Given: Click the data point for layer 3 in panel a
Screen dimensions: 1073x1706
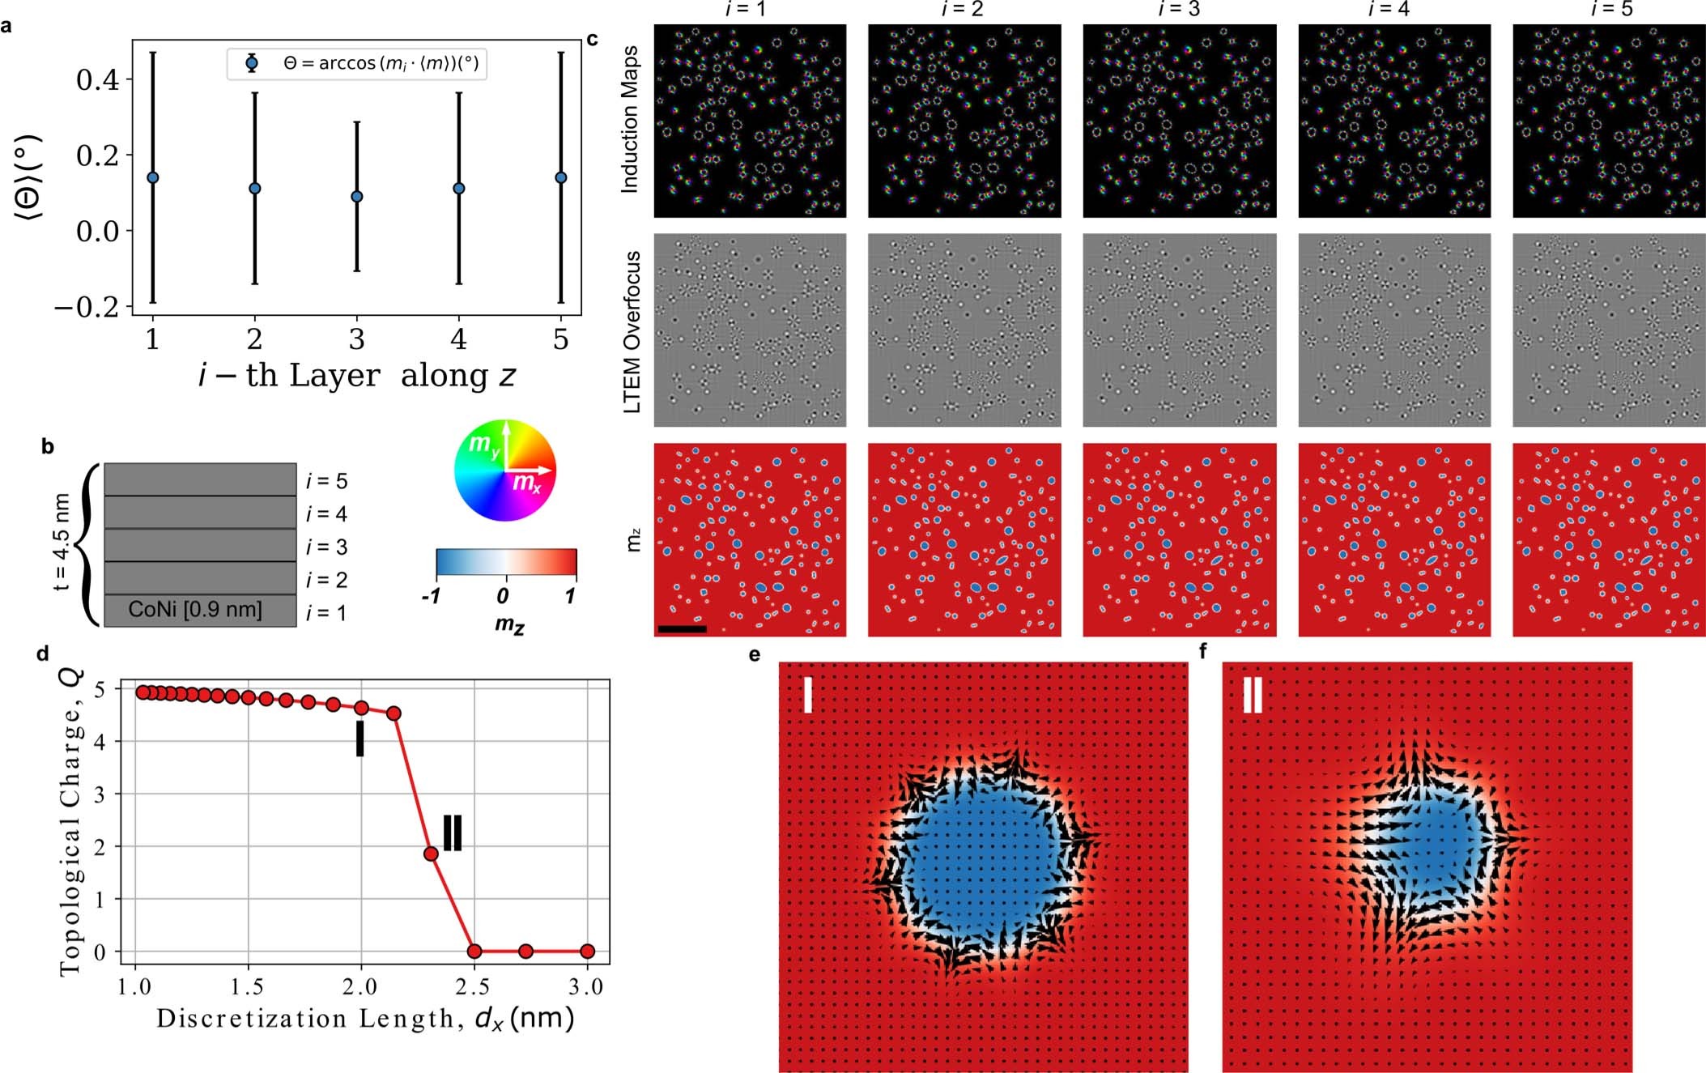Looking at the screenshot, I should click(x=357, y=197).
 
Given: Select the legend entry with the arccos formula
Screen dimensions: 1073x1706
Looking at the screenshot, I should click(x=357, y=63).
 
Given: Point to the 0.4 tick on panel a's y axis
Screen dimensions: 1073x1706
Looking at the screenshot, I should click(x=97, y=79).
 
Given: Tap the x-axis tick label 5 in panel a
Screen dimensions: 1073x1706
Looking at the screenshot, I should click(x=560, y=340).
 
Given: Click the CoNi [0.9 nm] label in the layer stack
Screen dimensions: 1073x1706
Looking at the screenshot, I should click(x=195, y=610).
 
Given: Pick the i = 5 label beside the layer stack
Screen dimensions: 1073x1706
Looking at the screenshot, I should click(x=326, y=481).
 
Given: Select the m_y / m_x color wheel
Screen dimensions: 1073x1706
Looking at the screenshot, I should click(x=505, y=470).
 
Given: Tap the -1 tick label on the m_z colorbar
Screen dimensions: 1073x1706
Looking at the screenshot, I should click(x=432, y=597).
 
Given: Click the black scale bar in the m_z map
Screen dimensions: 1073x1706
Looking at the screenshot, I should click(x=683, y=628).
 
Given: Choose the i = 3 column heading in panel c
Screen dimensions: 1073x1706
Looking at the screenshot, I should click(x=1179, y=10).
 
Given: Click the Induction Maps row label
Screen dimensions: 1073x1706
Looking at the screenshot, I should click(x=630, y=119).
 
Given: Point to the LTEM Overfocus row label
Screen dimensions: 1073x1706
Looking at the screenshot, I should click(x=632, y=331).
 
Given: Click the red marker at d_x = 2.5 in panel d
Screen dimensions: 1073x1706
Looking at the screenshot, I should click(x=474, y=951).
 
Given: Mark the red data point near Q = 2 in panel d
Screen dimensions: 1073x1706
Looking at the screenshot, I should click(x=431, y=854).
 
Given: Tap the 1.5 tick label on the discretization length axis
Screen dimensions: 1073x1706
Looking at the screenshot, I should click(x=247, y=987).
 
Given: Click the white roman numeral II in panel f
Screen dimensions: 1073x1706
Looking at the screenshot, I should click(x=1252, y=695).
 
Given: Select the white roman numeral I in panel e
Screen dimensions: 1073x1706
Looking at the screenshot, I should click(x=807, y=694).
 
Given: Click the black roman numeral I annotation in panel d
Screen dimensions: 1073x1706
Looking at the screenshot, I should click(x=359, y=739).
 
